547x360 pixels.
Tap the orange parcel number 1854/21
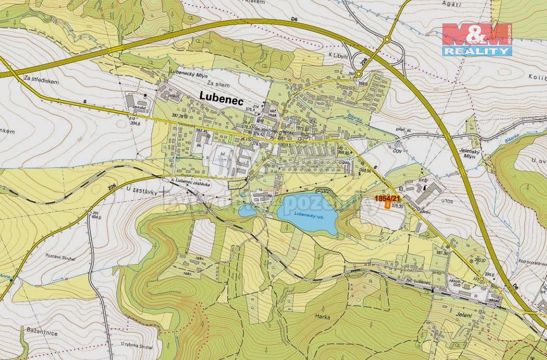tap(387, 198)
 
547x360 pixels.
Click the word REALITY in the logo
tap(477, 51)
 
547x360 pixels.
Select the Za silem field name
tap(218, 83)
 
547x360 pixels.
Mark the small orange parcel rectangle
tap(388, 205)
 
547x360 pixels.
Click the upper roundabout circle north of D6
tap(387, 40)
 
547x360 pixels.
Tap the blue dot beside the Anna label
tap(11, 279)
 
